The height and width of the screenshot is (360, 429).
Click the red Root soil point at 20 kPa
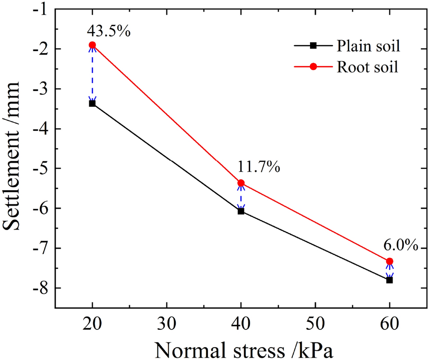point(92,45)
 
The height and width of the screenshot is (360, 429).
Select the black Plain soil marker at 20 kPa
point(92,103)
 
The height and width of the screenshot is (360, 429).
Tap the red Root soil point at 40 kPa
point(241,183)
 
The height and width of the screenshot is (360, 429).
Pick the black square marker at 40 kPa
point(241,211)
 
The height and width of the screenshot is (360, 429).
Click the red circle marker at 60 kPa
point(390,261)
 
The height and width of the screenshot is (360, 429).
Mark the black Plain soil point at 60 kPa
point(390,280)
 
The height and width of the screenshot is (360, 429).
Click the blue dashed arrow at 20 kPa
point(92,74)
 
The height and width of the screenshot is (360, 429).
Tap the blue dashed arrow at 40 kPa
point(241,197)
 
